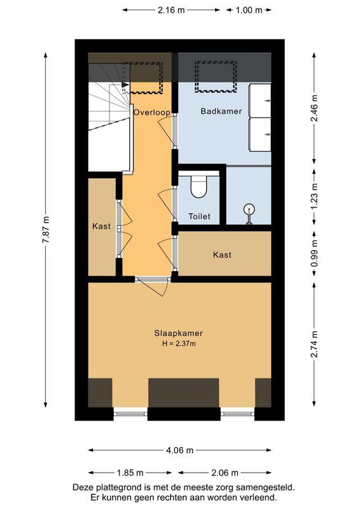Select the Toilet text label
coord(199,216)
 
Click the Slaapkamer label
coord(179,333)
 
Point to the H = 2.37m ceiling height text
coord(179,344)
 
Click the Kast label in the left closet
coord(102,227)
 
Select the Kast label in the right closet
coord(222,254)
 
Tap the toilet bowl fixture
coord(199,186)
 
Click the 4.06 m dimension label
coord(180,450)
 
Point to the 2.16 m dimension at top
coord(172,10)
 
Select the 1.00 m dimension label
coord(248,10)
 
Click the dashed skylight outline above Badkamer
coord(215,75)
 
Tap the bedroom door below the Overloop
coord(153,286)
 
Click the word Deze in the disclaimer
coord(84,487)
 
